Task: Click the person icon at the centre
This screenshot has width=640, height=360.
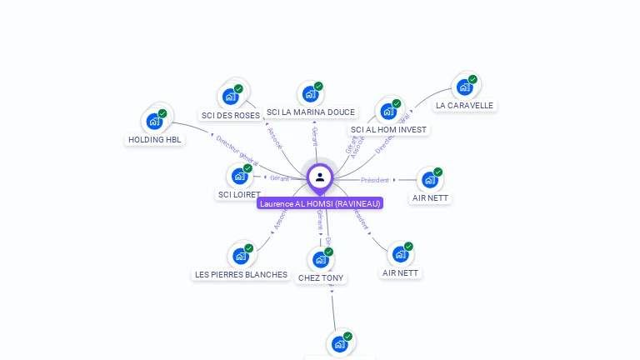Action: [x=320, y=177]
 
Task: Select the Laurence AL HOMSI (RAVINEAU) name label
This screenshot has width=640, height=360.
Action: [x=320, y=203]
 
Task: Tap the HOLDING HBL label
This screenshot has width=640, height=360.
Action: [x=155, y=140]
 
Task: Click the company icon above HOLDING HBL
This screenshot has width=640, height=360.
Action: [x=154, y=122]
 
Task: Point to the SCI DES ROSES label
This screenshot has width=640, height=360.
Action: [x=231, y=115]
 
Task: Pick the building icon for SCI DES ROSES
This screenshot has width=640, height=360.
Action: [x=230, y=97]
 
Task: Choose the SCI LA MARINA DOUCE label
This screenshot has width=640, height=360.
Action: [x=311, y=112]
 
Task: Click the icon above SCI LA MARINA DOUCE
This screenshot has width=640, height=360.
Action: [x=310, y=94]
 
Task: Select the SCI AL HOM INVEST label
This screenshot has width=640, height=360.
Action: [x=388, y=130]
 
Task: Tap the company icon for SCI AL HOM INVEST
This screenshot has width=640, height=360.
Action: [x=388, y=111]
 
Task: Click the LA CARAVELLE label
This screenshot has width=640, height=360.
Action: [x=464, y=106]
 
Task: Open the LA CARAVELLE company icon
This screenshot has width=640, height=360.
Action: [x=464, y=87]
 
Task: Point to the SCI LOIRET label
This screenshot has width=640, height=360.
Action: [x=239, y=194]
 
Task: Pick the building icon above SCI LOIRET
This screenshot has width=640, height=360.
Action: [x=240, y=176]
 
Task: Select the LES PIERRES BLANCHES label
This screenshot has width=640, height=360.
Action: [x=241, y=274]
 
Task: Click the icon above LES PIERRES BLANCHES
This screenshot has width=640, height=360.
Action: [x=241, y=256]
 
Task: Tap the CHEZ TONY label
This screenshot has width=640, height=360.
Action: [x=321, y=277]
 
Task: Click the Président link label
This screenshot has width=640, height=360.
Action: [x=375, y=180]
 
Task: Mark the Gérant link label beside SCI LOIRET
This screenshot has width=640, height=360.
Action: [x=279, y=177]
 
